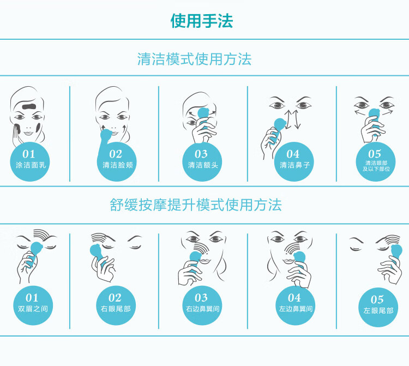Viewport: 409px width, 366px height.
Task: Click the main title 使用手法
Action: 202,21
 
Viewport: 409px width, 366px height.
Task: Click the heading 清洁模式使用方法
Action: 194,59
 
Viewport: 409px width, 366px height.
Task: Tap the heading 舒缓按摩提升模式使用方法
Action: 196,205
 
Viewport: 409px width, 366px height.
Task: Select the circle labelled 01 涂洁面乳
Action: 30,162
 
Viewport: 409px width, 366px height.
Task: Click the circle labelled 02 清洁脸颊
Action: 117,162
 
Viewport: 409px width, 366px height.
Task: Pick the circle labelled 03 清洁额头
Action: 202,162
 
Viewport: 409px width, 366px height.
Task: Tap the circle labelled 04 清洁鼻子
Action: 294,162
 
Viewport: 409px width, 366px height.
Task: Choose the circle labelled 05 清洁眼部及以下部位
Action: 376,162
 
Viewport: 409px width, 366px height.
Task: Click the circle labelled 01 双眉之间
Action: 33,305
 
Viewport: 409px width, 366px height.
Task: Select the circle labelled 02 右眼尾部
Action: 116,305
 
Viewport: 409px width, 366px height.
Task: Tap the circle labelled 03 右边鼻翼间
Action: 202,305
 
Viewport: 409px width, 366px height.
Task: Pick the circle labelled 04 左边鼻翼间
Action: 295,305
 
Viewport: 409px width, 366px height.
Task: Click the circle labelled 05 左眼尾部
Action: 378,307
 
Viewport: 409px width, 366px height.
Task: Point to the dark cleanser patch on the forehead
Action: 30,106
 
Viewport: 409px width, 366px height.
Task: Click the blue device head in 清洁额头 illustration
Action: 203,113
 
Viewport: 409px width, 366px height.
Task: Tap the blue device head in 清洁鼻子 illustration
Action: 279,125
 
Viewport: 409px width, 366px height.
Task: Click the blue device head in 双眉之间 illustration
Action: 36,249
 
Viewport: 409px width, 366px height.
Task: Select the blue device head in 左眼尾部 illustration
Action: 396,252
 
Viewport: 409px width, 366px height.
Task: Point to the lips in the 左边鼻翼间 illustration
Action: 288,261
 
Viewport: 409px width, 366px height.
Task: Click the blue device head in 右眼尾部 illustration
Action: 96,251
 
